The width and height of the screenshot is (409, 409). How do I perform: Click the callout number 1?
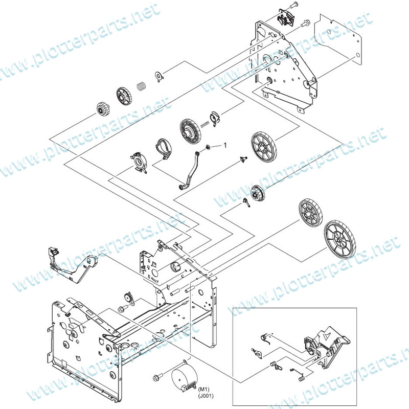click(x=225, y=145)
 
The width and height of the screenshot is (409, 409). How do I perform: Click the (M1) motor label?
click(x=203, y=390)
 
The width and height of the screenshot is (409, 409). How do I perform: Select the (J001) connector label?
click(x=206, y=396)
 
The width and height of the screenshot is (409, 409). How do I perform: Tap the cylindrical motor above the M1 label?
click(x=184, y=375)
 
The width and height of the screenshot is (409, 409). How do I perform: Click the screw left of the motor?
click(x=157, y=377)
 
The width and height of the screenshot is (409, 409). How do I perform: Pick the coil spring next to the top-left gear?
click(x=142, y=86)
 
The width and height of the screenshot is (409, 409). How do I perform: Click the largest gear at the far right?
click(x=339, y=240)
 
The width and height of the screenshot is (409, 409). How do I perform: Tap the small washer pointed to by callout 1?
click(x=208, y=147)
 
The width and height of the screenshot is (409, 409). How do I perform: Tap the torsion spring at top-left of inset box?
click(x=265, y=338)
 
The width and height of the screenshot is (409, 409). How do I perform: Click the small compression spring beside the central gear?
click(x=205, y=125)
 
